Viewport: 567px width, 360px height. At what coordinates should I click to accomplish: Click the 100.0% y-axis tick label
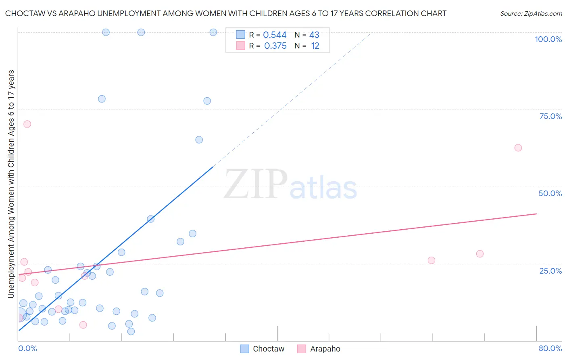pos(548,39)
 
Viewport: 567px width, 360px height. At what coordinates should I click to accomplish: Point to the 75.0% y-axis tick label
pos(550,116)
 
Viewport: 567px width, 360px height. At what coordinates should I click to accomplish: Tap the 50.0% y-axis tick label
pos(550,193)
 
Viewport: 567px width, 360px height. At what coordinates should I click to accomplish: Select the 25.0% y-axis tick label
pos(550,270)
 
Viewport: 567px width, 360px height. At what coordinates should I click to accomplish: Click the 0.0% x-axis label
pos(27,348)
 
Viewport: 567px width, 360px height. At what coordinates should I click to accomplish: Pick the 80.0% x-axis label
pos(550,348)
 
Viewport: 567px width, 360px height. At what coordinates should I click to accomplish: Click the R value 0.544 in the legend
pos(275,35)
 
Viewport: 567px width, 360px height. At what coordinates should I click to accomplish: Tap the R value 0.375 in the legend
pos(275,46)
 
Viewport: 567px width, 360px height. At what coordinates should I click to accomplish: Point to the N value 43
pos(314,35)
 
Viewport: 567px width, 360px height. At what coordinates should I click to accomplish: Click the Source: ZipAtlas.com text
pos(531,13)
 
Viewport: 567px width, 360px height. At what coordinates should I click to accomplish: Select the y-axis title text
pos(11,184)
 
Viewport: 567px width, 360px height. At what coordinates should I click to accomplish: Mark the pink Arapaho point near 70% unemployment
pos(27,124)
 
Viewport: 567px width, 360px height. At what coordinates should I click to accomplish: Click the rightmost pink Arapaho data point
pos(518,148)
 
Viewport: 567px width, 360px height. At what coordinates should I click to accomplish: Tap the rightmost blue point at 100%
pos(213,32)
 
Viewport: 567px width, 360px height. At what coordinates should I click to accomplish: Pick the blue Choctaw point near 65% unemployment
pos(199,140)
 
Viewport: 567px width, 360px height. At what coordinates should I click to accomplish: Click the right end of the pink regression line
pos(536,213)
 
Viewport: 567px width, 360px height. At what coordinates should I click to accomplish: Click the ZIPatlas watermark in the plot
pos(290,184)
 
